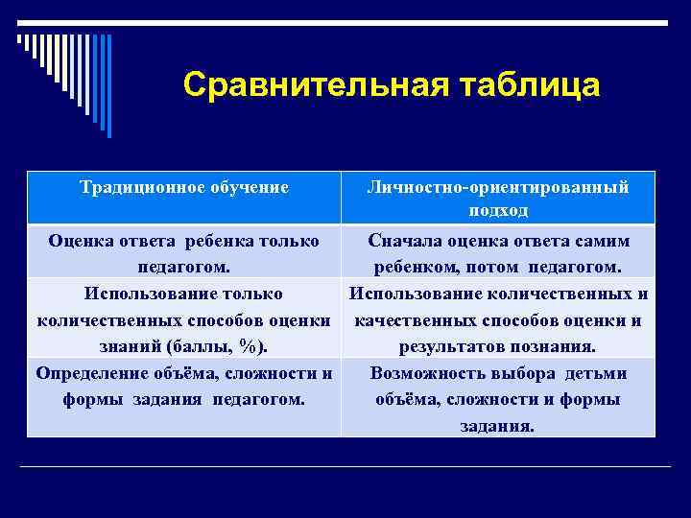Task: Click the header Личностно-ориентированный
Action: point(498,187)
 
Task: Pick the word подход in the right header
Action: point(498,209)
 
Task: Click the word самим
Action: point(600,241)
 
